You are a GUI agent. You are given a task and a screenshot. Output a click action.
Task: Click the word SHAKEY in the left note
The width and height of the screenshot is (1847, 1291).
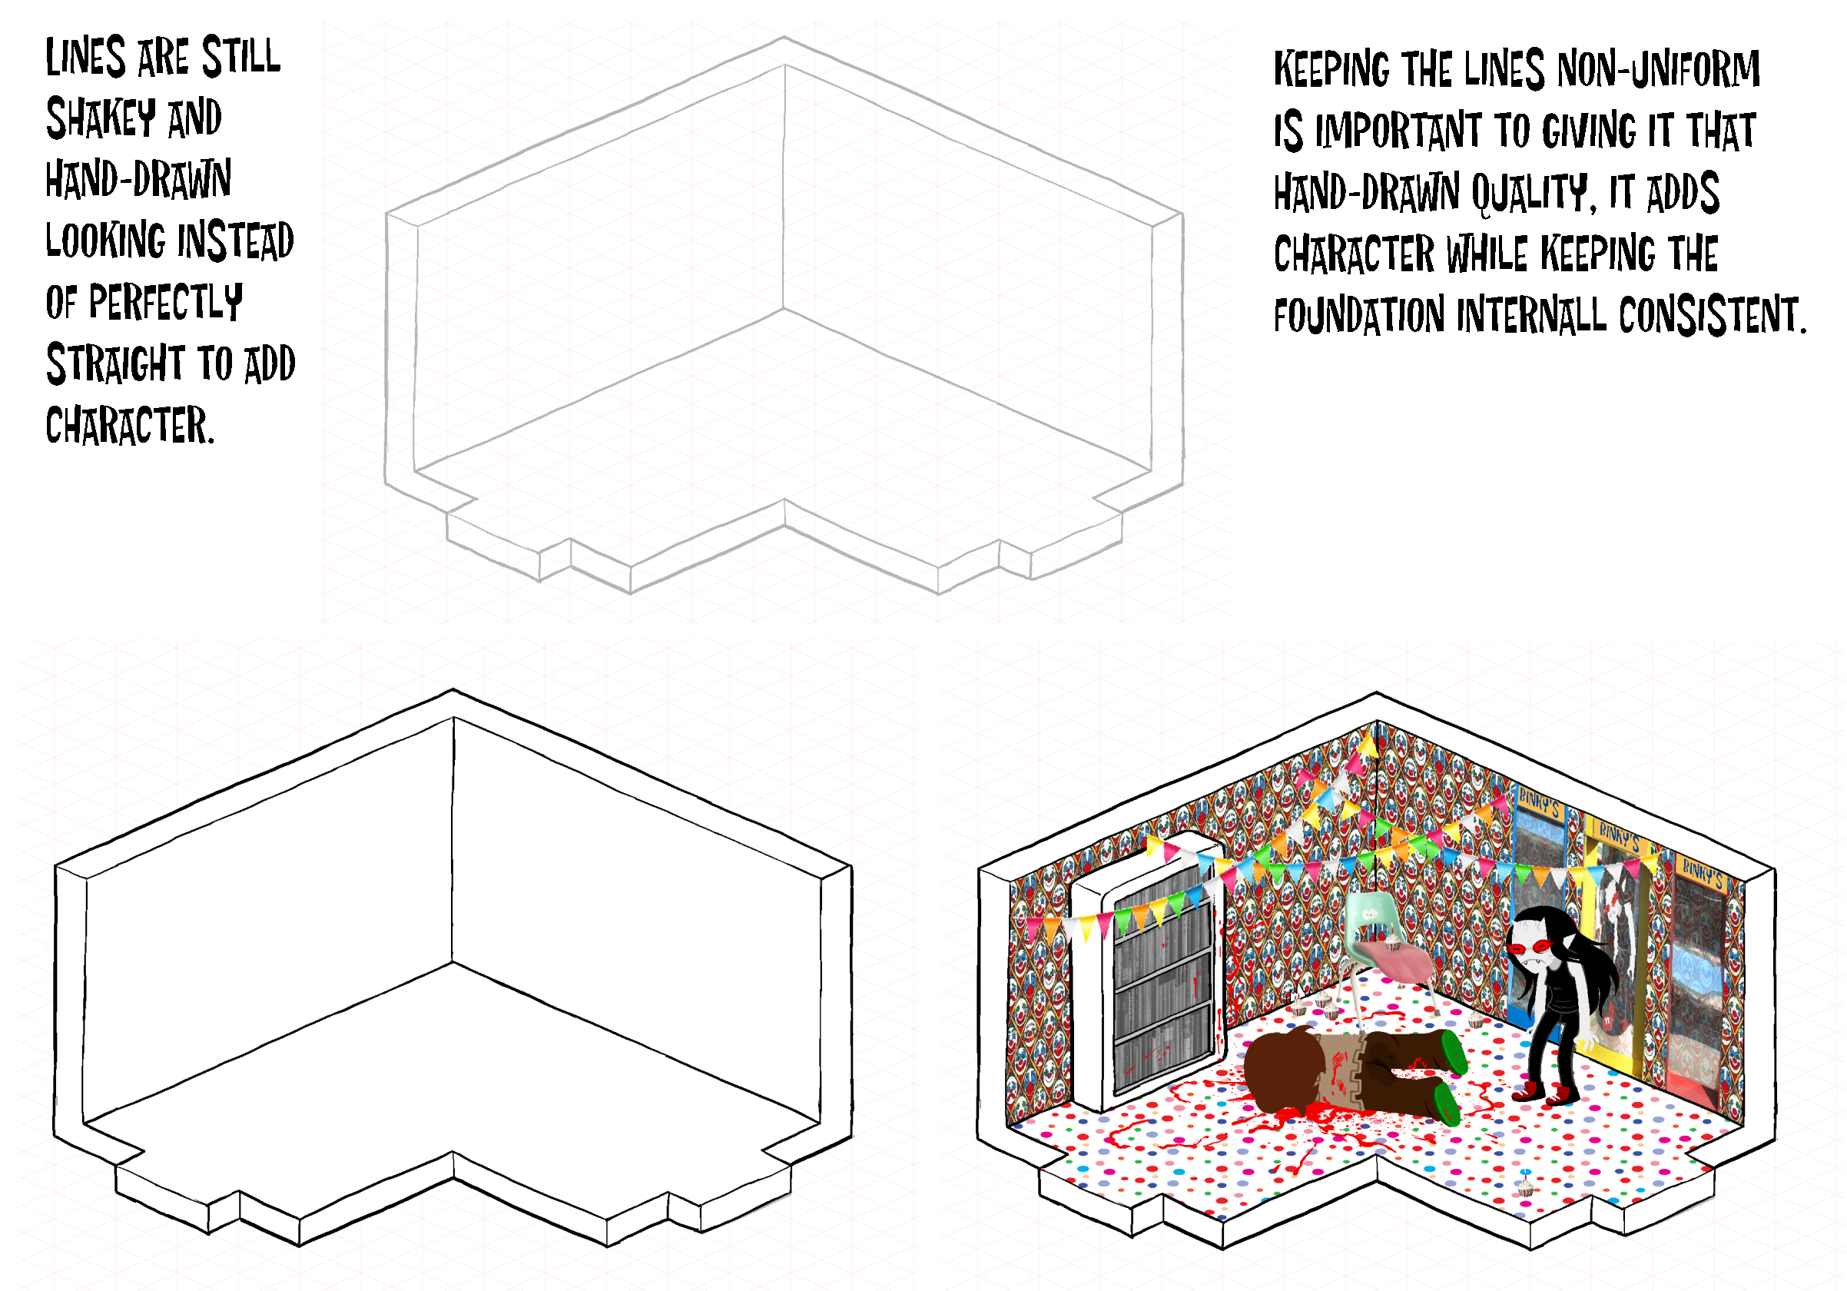point(101,118)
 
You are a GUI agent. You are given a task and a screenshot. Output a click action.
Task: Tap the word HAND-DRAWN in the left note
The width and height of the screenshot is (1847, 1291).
point(138,178)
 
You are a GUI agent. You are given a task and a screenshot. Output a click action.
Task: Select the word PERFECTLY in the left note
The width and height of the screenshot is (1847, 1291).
point(165,302)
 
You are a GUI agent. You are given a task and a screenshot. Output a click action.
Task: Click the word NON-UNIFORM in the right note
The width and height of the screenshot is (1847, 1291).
point(1658,69)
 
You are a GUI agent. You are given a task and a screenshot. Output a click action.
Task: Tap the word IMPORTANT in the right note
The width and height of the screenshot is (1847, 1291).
point(1398,131)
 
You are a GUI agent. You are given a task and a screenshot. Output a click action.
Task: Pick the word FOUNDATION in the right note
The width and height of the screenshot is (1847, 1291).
point(1358,314)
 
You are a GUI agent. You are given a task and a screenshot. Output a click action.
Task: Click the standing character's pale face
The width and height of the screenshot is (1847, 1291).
point(1528,946)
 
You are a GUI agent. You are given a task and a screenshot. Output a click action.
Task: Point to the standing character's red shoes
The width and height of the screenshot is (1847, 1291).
point(1544,1091)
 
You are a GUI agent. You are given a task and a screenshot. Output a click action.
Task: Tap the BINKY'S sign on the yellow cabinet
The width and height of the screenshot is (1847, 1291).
point(1620,838)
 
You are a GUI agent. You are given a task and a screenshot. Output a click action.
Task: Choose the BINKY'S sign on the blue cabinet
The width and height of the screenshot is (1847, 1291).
point(1539,803)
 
